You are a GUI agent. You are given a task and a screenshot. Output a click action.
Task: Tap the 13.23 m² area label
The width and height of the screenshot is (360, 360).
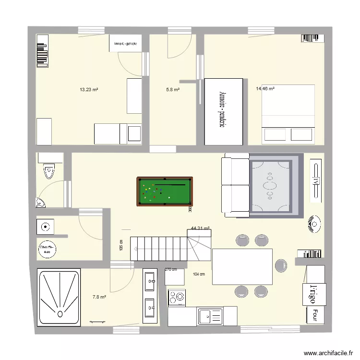click(x=89, y=89)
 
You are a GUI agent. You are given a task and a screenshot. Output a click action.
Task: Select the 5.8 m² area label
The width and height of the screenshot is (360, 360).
click(x=173, y=89)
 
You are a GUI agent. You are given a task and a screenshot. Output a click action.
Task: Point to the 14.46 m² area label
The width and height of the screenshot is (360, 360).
click(x=265, y=88)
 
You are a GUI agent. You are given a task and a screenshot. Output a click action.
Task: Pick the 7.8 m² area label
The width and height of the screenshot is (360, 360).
click(x=99, y=297)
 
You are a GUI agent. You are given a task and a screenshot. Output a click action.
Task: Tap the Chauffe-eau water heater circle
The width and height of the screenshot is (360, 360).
click(x=47, y=249)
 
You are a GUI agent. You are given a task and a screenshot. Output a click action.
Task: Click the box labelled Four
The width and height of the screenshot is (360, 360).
click(x=315, y=314)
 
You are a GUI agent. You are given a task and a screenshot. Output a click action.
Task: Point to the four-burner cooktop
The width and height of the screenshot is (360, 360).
click(x=177, y=298)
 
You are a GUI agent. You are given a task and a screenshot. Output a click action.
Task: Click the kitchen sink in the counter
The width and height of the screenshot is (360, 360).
click(x=210, y=316)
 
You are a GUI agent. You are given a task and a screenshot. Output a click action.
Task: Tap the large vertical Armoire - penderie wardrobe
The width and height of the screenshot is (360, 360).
click(x=224, y=111)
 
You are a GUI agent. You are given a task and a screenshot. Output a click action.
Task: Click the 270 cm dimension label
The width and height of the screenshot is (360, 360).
click(x=170, y=270)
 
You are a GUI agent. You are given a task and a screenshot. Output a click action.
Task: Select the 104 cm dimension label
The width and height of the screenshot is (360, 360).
click(x=199, y=274)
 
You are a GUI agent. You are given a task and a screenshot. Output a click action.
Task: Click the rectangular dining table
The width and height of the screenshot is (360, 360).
click(x=242, y=266)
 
